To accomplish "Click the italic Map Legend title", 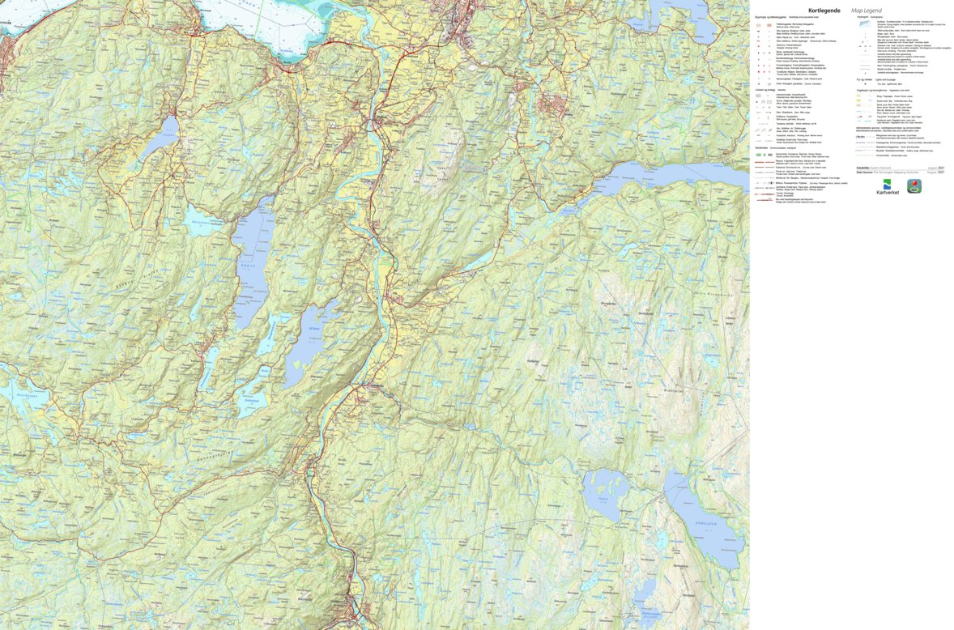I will point(866,11).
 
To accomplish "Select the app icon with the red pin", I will point(914,185).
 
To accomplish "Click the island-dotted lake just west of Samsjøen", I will point(602,493).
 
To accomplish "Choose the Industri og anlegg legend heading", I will point(764,90).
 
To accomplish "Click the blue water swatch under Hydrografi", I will point(864,23).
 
